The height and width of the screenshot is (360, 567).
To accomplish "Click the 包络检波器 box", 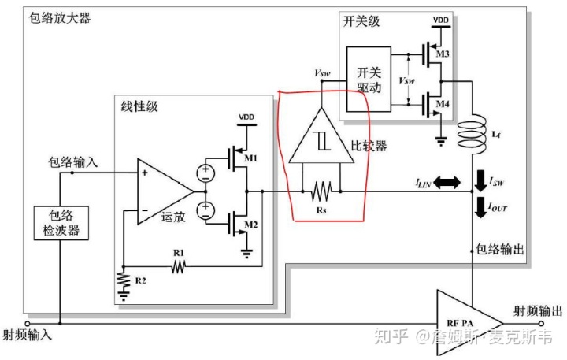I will [x=58, y=222].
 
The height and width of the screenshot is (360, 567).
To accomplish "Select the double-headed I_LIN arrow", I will [x=447, y=183].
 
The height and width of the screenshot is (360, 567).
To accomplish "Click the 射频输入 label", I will [x=28, y=335].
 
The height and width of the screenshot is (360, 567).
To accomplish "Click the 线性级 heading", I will [x=140, y=106].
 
